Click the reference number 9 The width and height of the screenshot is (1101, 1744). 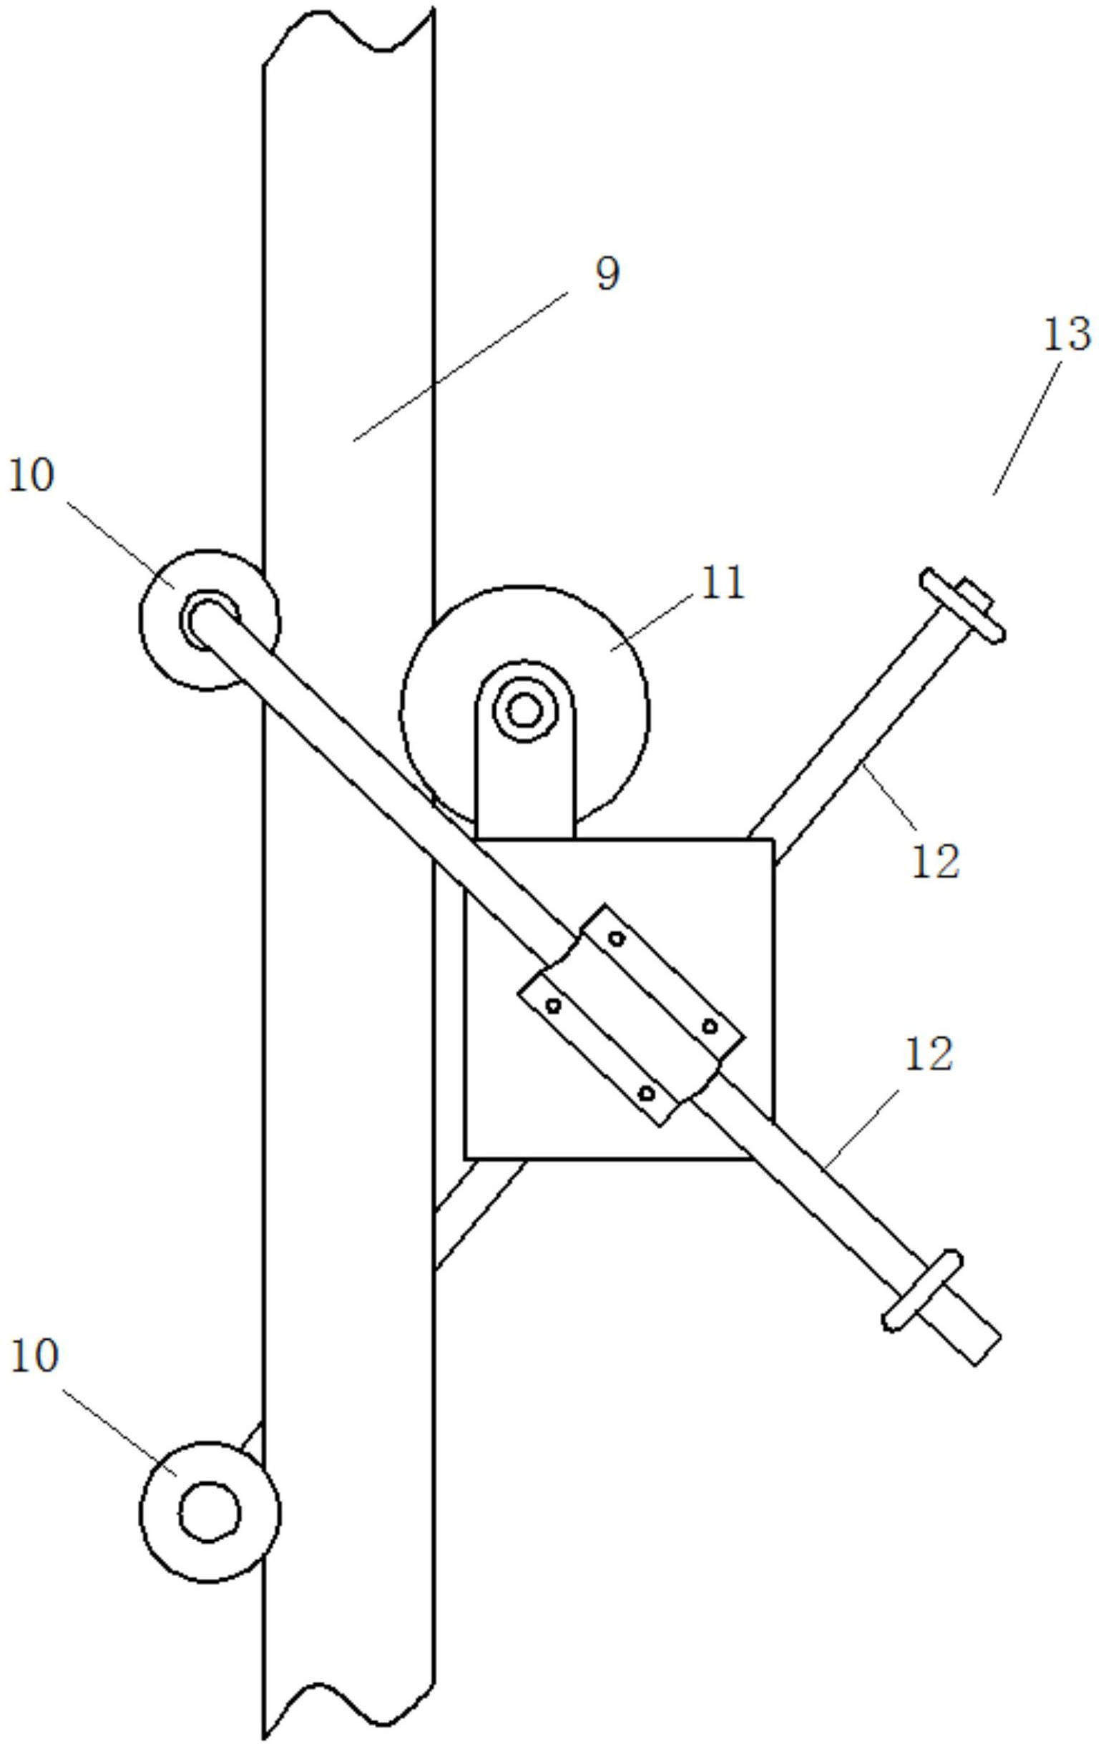pyautogui.click(x=607, y=275)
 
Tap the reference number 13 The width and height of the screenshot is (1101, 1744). pyautogui.click(x=1066, y=335)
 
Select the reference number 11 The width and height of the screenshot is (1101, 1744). pyautogui.click(x=721, y=583)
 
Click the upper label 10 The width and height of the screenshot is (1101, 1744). pyautogui.click(x=31, y=476)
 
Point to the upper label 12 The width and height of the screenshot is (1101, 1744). pyautogui.click(x=935, y=862)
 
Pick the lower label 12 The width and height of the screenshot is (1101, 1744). pyautogui.click(x=929, y=1054)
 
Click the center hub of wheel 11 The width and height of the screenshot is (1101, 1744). pyautogui.click(x=524, y=710)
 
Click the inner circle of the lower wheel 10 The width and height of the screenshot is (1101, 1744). pyautogui.click(x=209, y=1512)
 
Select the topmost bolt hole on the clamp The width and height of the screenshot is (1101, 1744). pyautogui.click(x=617, y=939)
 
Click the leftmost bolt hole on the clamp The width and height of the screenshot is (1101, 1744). pyautogui.click(x=554, y=1005)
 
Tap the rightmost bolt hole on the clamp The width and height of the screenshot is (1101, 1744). pyautogui.click(x=710, y=1027)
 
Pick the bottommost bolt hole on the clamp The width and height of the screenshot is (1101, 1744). pyautogui.click(x=647, y=1093)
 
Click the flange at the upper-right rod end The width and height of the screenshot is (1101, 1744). pyautogui.click(x=963, y=605)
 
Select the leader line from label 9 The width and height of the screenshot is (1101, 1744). pyautogui.click(x=460, y=366)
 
